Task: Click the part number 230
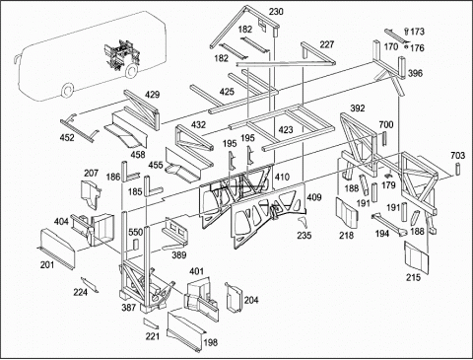pyautogui.click(x=276, y=12)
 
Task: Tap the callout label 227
pyautogui.click(x=327, y=44)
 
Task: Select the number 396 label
pyautogui.click(x=415, y=73)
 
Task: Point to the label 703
pyautogui.click(x=458, y=155)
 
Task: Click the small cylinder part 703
pyautogui.click(x=457, y=170)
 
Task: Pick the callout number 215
pyautogui.click(x=413, y=277)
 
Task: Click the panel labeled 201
pyautogui.click(x=56, y=249)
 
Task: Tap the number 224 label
pyautogui.click(x=81, y=292)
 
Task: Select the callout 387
pyautogui.click(x=129, y=308)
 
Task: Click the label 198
pyautogui.click(x=211, y=342)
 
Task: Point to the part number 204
pyautogui.click(x=251, y=300)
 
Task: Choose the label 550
pyautogui.click(x=135, y=233)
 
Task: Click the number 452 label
pyautogui.click(x=67, y=137)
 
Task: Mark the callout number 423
pyautogui.click(x=286, y=130)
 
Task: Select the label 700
pyautogui.click(x=386, y=124)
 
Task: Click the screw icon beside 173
pyautogui.click(x=407, y=32)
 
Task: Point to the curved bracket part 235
pyautogui.click(x=303, y=222)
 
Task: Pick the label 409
pyautogui.click(x=314, y=197)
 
